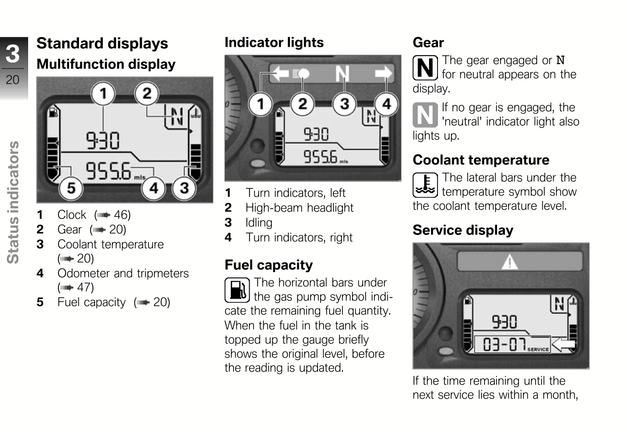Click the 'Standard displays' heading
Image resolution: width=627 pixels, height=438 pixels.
point(102,43)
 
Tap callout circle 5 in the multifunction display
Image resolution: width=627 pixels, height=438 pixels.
point(71,188)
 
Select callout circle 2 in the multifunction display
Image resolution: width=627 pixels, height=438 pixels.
point(147,94)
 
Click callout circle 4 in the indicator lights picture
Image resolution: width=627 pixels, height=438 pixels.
point(386,104)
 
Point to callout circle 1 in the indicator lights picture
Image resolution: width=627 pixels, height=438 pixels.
point(261,104)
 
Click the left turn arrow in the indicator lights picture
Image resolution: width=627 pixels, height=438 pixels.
point(280,73)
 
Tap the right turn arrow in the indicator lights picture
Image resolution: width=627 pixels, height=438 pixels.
point(383,73)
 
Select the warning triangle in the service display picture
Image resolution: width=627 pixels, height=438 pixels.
point(510,262)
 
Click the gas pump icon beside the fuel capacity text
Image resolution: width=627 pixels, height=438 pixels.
point(237,290)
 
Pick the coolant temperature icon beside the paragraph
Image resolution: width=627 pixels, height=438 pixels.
point(425,185)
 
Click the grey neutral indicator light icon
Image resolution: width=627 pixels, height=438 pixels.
point(425,115)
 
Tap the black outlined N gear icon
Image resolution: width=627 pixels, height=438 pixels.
point(425,67)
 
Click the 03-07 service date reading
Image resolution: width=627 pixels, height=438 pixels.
point(504,344)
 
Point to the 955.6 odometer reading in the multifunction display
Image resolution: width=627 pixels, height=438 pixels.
point(108,171)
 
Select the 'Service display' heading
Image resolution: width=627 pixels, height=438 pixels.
point(462,230)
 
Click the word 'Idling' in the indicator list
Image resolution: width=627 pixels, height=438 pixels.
point(259,222)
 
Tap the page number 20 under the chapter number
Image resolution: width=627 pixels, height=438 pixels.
point(12,80)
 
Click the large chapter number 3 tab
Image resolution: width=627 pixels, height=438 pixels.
point(12,54)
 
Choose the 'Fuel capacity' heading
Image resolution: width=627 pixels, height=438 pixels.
point(269,265)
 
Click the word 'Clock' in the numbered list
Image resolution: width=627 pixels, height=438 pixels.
point(72,215)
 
